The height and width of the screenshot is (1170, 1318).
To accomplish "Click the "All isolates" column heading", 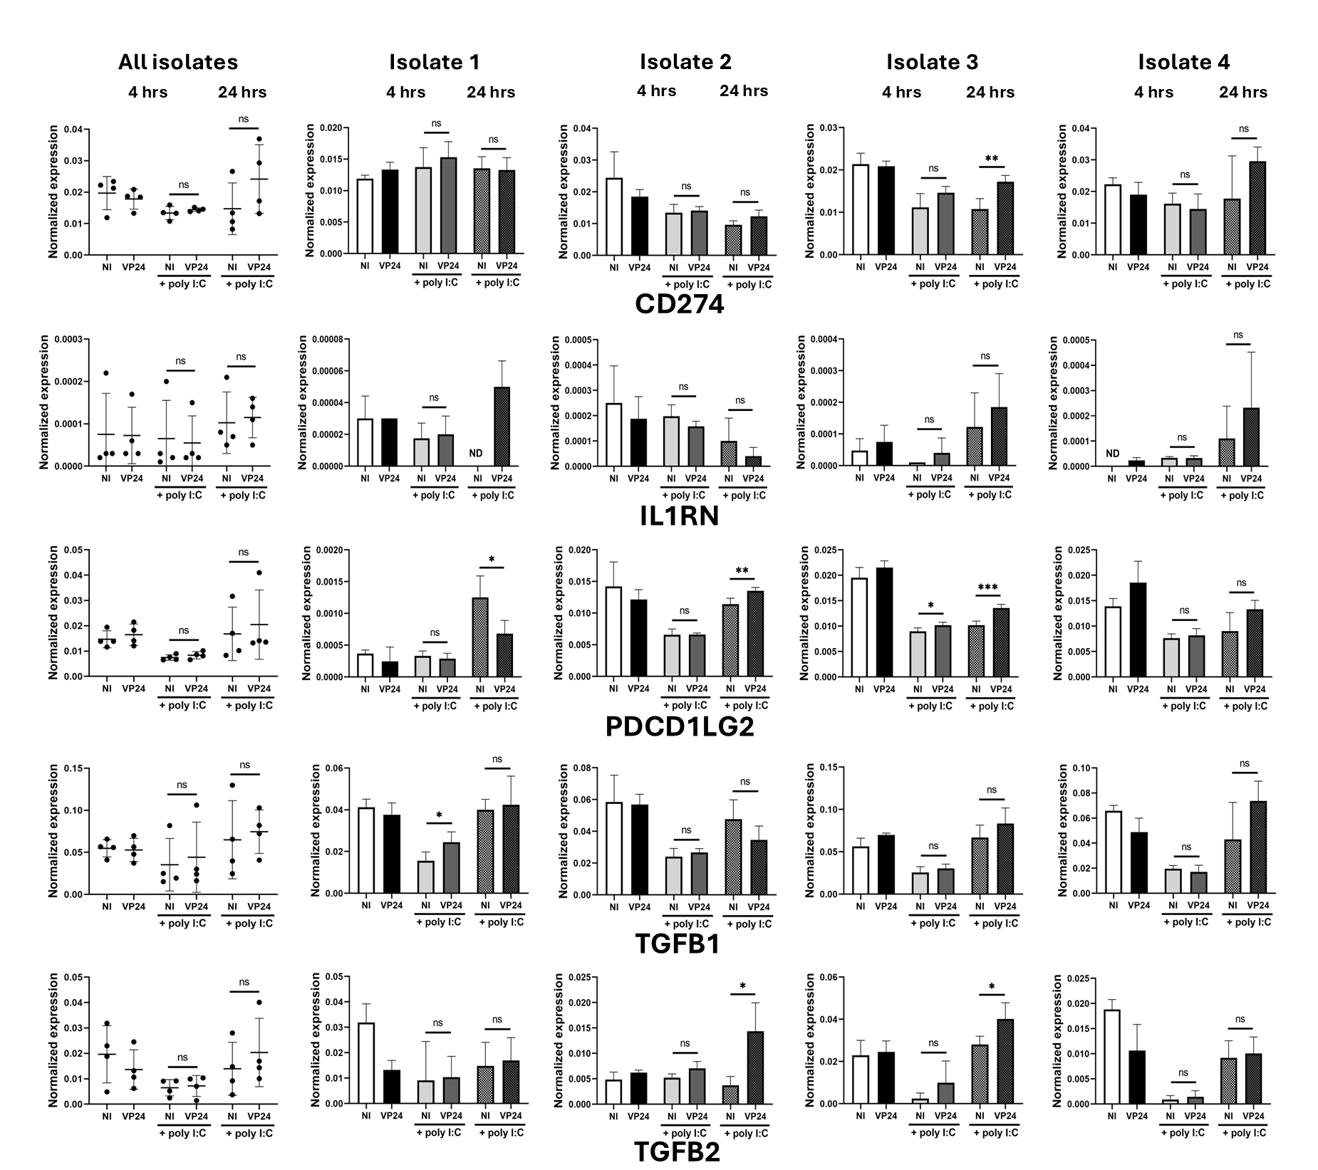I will click(x=178, y=63).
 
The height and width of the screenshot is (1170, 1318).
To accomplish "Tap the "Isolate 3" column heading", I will click(x=932, y=63).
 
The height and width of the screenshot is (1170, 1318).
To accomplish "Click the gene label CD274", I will click(x=679, y=305).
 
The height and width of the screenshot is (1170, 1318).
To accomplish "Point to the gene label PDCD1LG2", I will click(x=679, y=726).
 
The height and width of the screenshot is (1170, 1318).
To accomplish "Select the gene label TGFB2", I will click(x=677, y=1152).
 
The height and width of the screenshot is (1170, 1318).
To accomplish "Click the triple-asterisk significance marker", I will click(x=987, y=587).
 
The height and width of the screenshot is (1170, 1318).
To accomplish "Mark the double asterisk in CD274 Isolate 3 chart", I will click(x=991, y=159).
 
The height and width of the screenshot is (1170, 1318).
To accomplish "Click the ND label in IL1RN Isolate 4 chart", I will click(x=1112, y=454).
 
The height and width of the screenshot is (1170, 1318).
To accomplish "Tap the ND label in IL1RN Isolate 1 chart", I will click(x=476, y=454).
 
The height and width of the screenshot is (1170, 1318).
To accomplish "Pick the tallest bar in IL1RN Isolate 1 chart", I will click(x=502, y=427).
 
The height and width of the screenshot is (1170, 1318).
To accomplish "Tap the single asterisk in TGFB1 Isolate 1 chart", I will click(x=439, y=815).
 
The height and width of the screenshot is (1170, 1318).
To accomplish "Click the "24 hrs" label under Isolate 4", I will click(x=1242, y=93).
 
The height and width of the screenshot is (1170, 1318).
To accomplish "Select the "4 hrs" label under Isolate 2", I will click(x=656, y=91).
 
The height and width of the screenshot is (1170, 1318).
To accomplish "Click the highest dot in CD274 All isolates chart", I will click(x=259, y=140).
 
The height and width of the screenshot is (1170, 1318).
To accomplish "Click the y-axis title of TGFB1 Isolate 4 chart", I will click(x=1063, y=830).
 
